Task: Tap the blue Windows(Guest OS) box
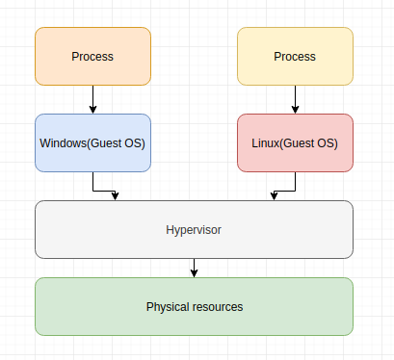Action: click(92, 143)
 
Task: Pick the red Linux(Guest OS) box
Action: click(295, 143)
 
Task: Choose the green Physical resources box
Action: click(194, 307)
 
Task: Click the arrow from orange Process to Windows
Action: click(92, 99)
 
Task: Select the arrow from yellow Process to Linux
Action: click(295, 99)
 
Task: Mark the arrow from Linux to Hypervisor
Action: click(284, 187)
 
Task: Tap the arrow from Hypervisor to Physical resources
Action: click(194, 268)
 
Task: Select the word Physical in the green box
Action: click(168, 307)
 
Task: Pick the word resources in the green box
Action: click(218, 307)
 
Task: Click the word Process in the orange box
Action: click(92, 56)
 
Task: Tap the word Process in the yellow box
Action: click(295, 56)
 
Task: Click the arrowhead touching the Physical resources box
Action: click(194, 273)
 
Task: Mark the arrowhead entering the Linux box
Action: click(295, 110)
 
